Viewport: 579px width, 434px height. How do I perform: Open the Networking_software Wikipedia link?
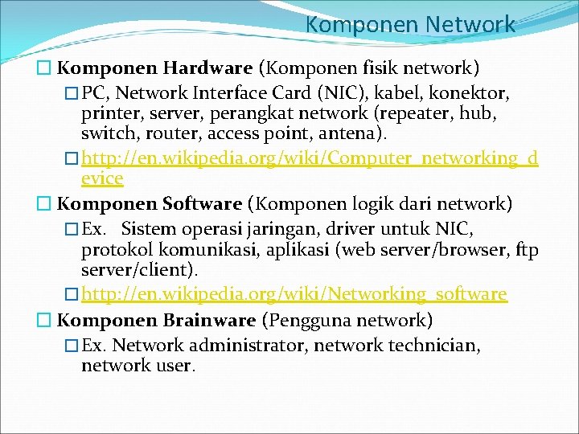(294, 294)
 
